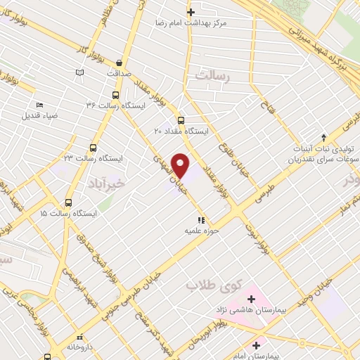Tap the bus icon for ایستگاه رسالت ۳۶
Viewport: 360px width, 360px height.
pos(115,94)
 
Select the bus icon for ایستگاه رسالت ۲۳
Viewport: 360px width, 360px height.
pos(93,148)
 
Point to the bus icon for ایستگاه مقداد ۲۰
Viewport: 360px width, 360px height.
pos(181,120)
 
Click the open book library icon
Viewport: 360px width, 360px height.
pos(80,72)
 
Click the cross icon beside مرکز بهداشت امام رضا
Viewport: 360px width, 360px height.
pos(190,11)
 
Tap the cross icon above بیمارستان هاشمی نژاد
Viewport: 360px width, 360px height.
pos(251,300)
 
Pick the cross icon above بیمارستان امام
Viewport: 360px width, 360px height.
pos(256,345)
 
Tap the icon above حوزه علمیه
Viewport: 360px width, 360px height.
pos(202,219)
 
